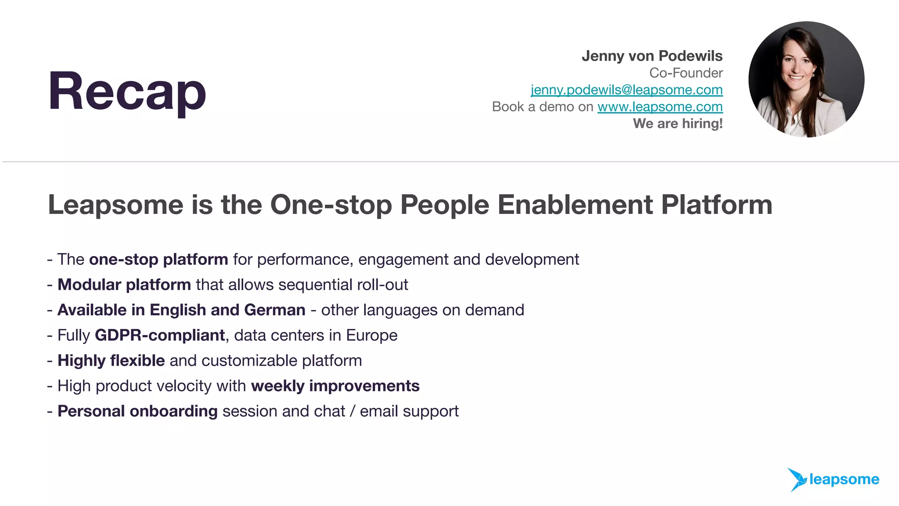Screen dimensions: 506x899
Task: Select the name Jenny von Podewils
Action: pos(652,56)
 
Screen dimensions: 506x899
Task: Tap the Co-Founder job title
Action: pos(686,73)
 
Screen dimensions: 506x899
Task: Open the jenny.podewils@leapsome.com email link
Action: pos(626,90)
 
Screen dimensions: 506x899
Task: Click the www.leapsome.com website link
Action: pos(660,107)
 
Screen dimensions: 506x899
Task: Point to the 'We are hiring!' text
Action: pos(677,123)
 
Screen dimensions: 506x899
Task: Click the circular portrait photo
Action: pos(806,80)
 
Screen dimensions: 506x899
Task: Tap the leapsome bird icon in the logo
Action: pos(797,479)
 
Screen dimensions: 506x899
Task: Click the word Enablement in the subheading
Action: pos(575,205)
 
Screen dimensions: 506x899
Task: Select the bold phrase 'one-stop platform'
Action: pos(158,260)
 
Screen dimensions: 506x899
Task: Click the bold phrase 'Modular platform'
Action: pos(124,285)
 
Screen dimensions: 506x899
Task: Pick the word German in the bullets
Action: pos(275,310)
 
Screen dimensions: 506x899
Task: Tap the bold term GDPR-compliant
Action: pos(160,336)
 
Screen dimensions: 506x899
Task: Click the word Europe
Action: pos(371,336)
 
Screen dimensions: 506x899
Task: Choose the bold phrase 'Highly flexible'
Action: pos(111,361)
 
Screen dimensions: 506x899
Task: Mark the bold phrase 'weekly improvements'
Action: pos(335,386)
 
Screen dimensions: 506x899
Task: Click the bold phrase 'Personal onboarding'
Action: pos(137,411)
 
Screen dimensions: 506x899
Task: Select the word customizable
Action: pos(249,361)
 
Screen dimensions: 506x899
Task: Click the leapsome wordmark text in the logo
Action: pos(844,479)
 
